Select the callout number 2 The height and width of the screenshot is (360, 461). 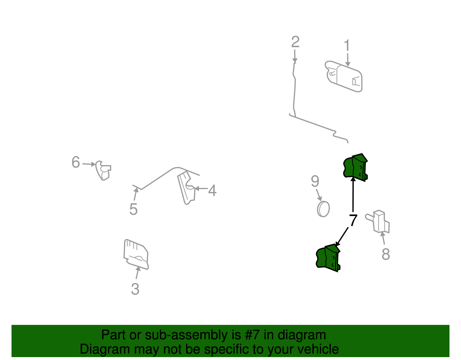point(295,42)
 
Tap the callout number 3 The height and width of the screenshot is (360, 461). point(135,289)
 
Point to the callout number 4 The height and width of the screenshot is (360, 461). point(212,190)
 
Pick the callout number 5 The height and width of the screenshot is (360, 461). point(133,209)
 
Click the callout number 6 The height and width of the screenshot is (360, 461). point(76,162)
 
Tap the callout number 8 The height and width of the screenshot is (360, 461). point(386,254)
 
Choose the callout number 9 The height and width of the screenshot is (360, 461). point(315,181)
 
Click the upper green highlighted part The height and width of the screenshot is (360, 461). point(355,167)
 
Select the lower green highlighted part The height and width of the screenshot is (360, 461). point(328,258)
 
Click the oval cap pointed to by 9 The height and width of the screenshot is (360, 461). point(323,209)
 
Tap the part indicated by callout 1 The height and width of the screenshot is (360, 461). point(343,76)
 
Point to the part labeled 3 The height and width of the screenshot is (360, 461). point(136,255)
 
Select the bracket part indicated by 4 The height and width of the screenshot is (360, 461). point(186,188)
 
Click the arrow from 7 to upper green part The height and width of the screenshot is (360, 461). point(353,194)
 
